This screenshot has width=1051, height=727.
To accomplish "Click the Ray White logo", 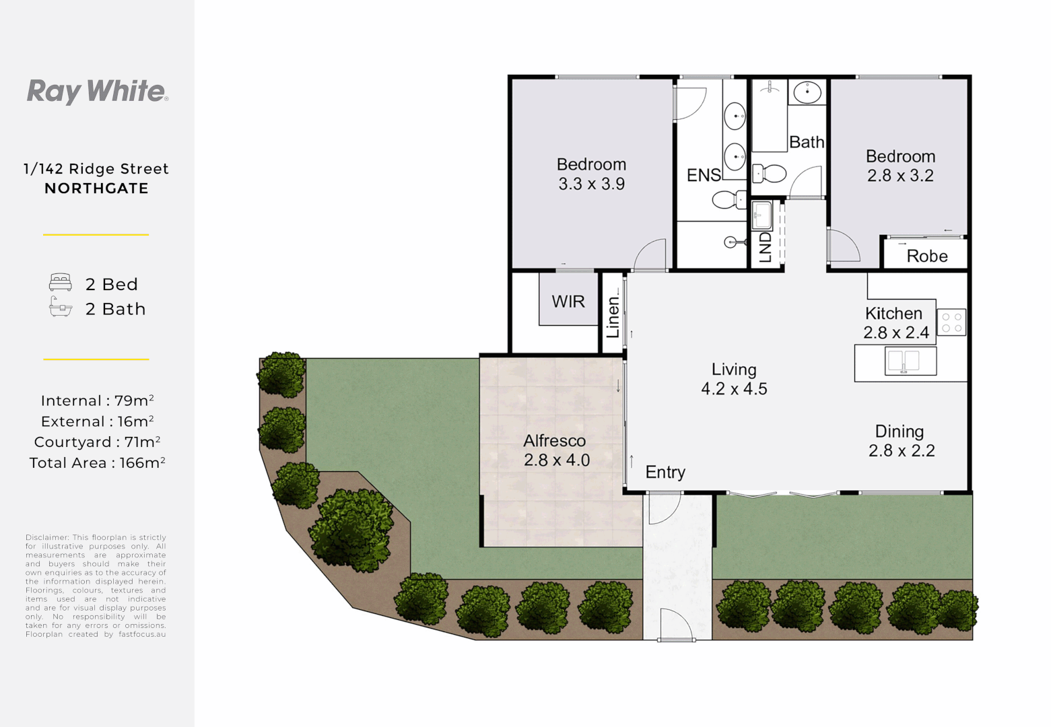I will (97, 92).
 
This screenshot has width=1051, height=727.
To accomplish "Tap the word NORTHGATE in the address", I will (96, 188).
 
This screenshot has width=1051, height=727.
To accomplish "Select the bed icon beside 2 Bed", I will (61, 282).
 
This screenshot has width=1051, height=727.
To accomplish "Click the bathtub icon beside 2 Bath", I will (61, 308).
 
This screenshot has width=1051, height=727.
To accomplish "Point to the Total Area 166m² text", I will (97, 463).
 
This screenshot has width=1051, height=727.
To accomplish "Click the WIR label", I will (568, 302).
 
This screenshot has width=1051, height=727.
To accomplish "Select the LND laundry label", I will (766, 247).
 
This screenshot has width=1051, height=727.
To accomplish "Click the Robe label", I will (927, 256).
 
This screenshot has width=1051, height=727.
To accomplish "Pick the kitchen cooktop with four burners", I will (951, 322).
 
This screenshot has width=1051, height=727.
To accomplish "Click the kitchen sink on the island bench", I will (903, 361).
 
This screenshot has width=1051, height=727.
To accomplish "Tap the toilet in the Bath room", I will (769, 174).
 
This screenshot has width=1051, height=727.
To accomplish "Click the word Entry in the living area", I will (665, 473).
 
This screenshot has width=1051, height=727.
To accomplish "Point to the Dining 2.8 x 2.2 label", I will (901, 441).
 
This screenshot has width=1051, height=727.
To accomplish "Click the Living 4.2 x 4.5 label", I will (734, 379).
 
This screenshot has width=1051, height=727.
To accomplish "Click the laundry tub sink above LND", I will (761, 215).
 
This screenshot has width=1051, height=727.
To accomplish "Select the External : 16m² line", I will (97, 422).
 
